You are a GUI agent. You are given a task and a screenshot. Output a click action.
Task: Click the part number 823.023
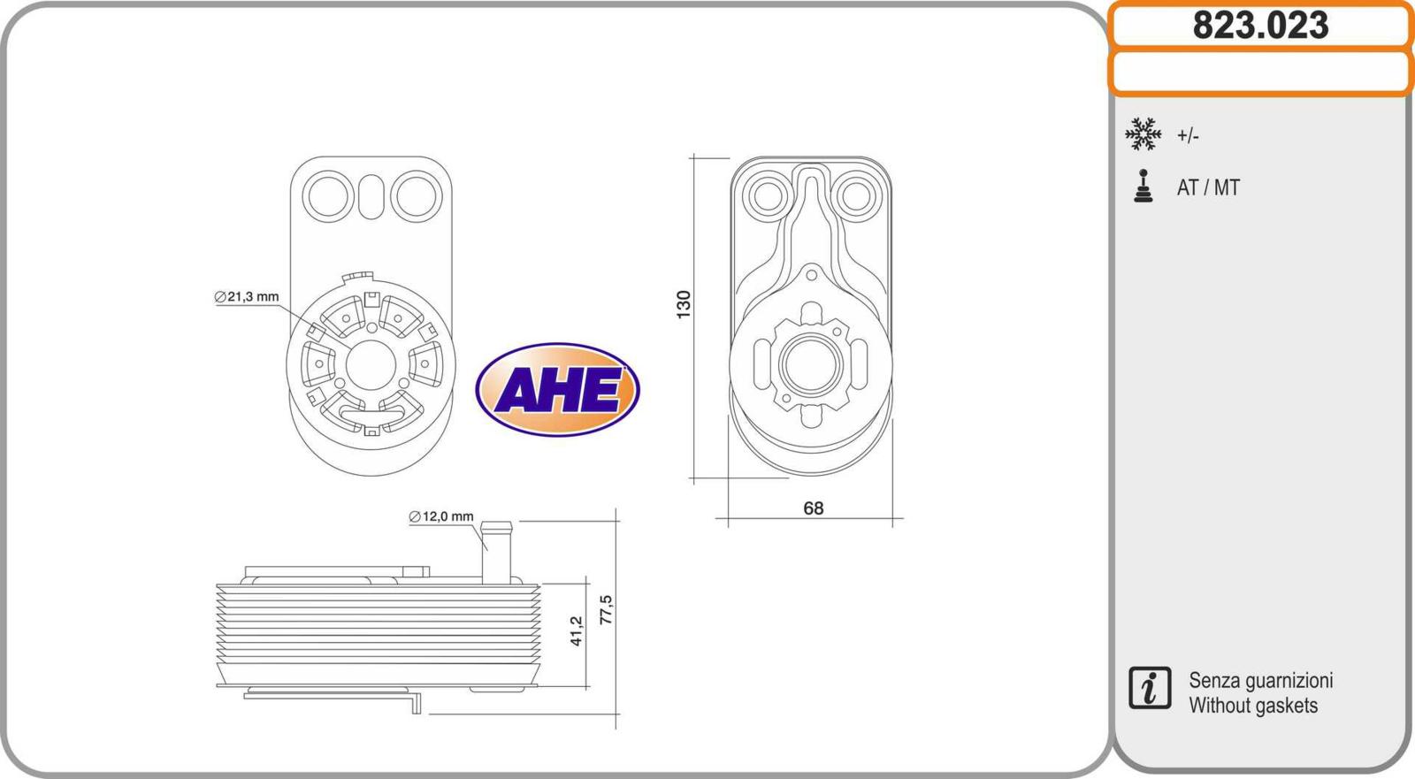pyautogui.click(x=1260, y=26)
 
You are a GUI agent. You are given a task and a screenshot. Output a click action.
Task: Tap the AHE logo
pyautogui.click(x=557, y=389)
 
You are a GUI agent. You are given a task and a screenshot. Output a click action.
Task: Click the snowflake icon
pyautogui.click(x=1143, y=134)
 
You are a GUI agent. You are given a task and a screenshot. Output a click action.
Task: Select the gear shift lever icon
pyautogui.click(x=1143, y=186)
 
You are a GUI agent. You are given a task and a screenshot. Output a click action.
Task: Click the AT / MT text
pyautogui.click(x=1208, y=187)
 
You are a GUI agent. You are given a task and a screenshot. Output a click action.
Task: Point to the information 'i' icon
pyautogui.click(x=1150, y=688)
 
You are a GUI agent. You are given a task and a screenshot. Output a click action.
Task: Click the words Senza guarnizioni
pyautogui.click(x=1260, y=681)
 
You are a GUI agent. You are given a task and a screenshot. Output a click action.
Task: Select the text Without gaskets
pyautogui.click(x=1253, y=705)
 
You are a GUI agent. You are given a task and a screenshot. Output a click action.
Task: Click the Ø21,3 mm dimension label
pyautogui.click(x=247, y=296)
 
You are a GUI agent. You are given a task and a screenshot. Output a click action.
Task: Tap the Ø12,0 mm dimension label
pyautogui.click(x=441, y=516)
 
